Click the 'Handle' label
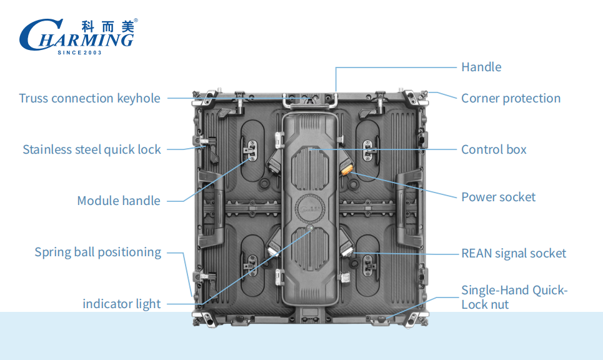pos(481,67)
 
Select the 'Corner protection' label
pos(511,98)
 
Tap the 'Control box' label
pos(494,149)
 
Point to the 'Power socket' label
pos(498,197)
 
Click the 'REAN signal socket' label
pos(514,253)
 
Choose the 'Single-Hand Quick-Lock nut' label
pos(514,297)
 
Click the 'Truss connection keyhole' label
pos(89,98)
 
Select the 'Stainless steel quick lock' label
pos(92,149)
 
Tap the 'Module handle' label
pos(119,201)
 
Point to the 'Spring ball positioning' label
pos(97,252)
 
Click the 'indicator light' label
pos(121,304)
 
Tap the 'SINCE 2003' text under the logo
pos(79,52)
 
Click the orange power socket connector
pos(347,167)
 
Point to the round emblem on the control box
pos(311,206)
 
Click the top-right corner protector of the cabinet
pos(416,97)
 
